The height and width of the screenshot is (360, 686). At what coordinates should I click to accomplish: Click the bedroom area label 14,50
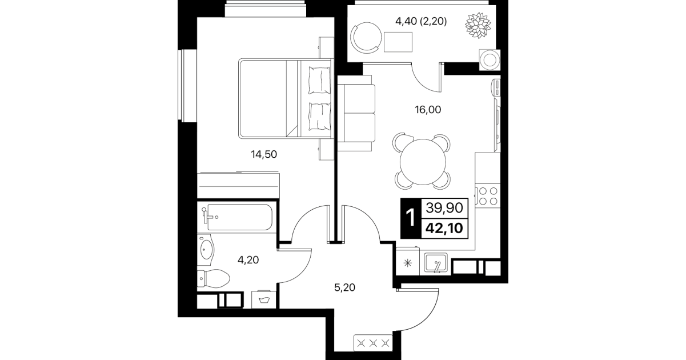point(264,154)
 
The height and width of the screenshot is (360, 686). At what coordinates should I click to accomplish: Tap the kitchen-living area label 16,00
point(428,109)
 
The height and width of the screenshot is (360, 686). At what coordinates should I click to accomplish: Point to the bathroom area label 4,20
point(248,260)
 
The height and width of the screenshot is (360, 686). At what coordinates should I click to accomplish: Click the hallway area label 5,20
point(344,287)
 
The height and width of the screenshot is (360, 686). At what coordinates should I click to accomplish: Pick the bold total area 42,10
point(444,228)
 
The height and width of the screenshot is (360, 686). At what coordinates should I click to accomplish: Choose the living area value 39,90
point(444,209)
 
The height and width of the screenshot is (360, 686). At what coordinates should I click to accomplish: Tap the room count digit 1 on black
point(410,218)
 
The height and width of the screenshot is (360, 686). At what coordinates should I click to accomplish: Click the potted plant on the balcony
point(478,26)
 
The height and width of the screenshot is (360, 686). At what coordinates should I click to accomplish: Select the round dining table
point(423,162)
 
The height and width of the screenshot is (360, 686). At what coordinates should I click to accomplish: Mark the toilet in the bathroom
point(213,278)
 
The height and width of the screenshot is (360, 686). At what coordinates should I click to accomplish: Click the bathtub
point(238,217)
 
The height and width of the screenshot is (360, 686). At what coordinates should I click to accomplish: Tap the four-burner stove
point(488,196)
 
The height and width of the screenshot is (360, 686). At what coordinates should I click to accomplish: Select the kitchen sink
point(435,263)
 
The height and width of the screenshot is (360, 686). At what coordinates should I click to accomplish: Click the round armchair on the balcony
point(366,38)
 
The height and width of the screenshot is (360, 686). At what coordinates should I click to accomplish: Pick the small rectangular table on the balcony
point(398,42)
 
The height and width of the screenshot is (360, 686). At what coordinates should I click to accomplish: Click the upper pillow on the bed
point(319,80)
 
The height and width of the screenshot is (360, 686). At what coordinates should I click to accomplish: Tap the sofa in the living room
point(356,113)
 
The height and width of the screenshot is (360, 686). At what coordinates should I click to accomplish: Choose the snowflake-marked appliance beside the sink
point(408,263)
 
